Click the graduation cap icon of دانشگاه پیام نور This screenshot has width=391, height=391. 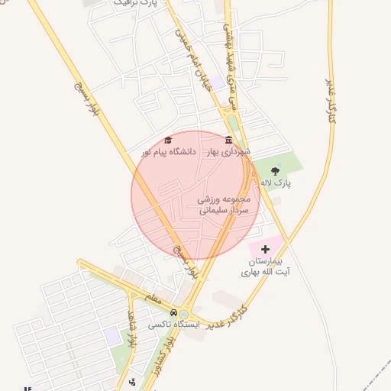[x=169, y=141]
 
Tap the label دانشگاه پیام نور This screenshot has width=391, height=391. [x=169, y=152]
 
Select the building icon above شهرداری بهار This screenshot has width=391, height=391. [x=228, y=141]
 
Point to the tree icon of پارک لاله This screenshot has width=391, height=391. [x=275, y=172]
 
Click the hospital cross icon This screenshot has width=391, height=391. [x=265, y=249]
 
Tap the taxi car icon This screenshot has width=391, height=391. [x=174, y=312]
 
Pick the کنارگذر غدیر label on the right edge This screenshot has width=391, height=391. [x=331, y=99]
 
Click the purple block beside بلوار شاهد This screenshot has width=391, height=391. [x=113, y=335]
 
